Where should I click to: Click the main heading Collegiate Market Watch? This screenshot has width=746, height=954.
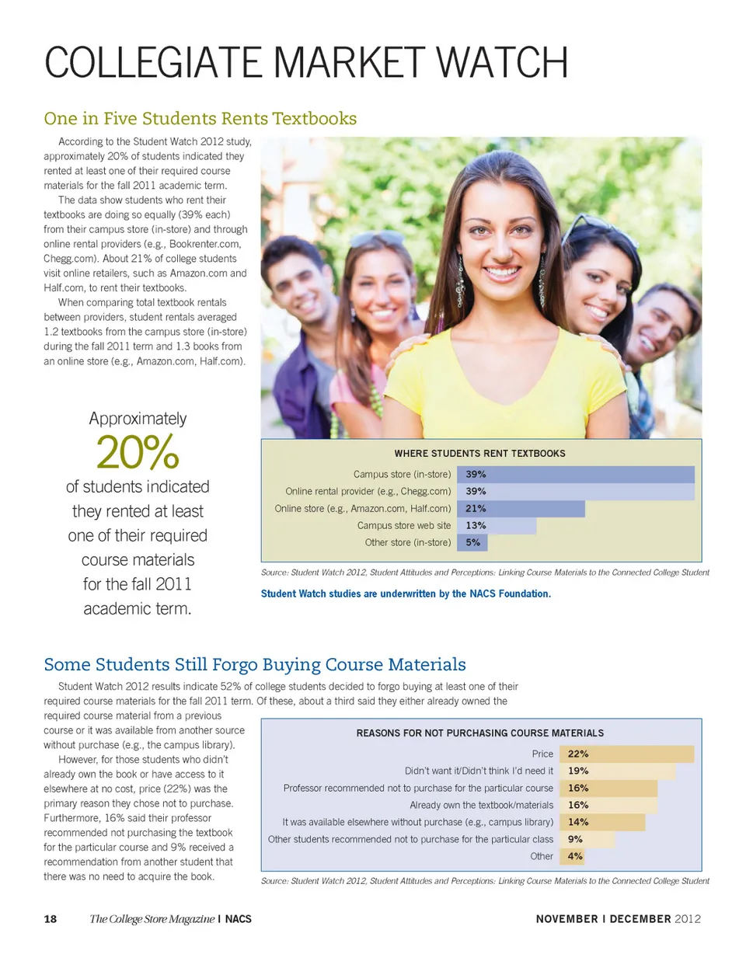tap(307, 63)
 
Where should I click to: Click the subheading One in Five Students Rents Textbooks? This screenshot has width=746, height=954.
tap(200, 119)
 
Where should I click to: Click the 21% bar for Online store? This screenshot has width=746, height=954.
tap(522, 509)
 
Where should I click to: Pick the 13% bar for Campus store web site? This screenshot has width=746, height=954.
tap(498, 526)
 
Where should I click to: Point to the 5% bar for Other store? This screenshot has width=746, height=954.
tap(474, 543)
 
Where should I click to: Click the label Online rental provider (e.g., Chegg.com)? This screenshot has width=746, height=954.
tap(368, 492)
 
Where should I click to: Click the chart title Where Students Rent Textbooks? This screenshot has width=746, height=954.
tap(479, 453)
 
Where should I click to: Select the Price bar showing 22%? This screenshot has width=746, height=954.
tap(626, 754)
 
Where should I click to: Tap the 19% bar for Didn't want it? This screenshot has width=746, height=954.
tap(617, 771)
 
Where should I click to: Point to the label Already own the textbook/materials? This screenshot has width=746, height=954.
tap(481, 805)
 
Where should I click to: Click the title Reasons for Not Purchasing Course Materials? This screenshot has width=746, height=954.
tap(479, 733)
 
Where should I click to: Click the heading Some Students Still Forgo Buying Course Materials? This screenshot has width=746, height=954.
tap(255, 664)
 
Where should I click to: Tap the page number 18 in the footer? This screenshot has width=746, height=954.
tap(51, 919)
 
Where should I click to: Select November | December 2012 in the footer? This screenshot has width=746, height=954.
tap(619, 919)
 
